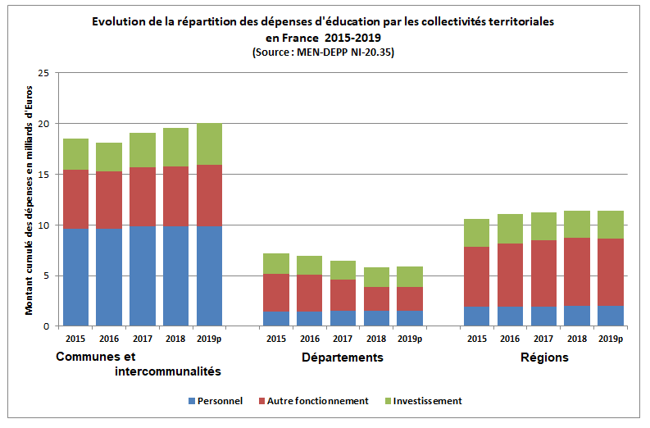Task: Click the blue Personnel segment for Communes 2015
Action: point(75,277)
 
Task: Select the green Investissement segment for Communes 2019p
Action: point(209,144)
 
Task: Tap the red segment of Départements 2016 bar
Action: point(309,293)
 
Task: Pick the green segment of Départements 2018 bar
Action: point(376,277)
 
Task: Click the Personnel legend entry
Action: point(215,401)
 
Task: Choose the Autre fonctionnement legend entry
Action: point(315,401)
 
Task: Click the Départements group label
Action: point(342,357)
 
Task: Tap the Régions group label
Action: point(543,357)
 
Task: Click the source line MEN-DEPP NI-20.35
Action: point(329,52)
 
